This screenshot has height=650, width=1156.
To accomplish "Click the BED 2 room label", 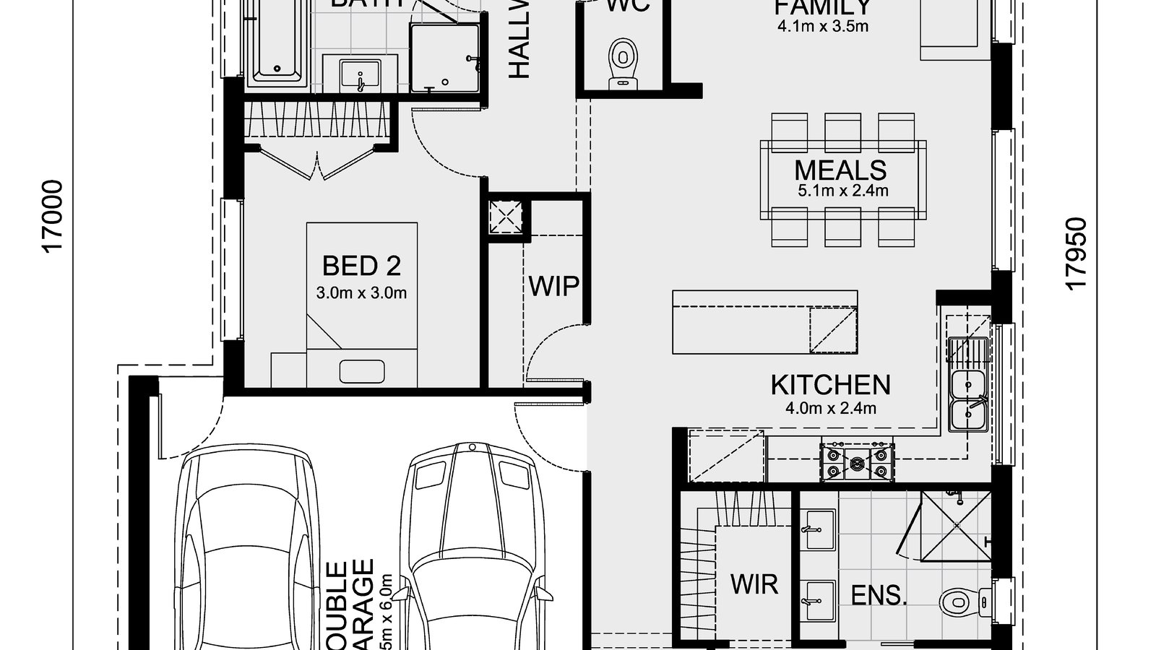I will point(361,266).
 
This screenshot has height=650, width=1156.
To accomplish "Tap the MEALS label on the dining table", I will point(840,170).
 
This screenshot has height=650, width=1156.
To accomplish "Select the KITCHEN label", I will point(830,385).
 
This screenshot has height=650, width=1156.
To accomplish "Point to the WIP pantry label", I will point(553,287).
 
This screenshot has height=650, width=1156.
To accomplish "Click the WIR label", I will point(754,584).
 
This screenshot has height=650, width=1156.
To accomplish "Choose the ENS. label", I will point(879,596).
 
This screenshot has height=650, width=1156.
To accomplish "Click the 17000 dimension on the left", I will point(54,217).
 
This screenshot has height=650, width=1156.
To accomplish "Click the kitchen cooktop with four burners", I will point(857,461).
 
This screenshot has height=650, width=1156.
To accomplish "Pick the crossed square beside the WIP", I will point(506,216).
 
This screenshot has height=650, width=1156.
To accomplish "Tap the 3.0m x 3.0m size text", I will point(361,293).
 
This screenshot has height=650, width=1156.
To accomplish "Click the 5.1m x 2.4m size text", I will point(842,191).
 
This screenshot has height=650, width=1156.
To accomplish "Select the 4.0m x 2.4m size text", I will point(831,408).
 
